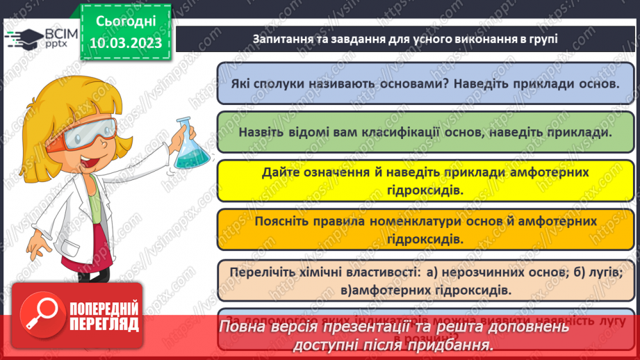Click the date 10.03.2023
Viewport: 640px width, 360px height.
click(x=125, y=42)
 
